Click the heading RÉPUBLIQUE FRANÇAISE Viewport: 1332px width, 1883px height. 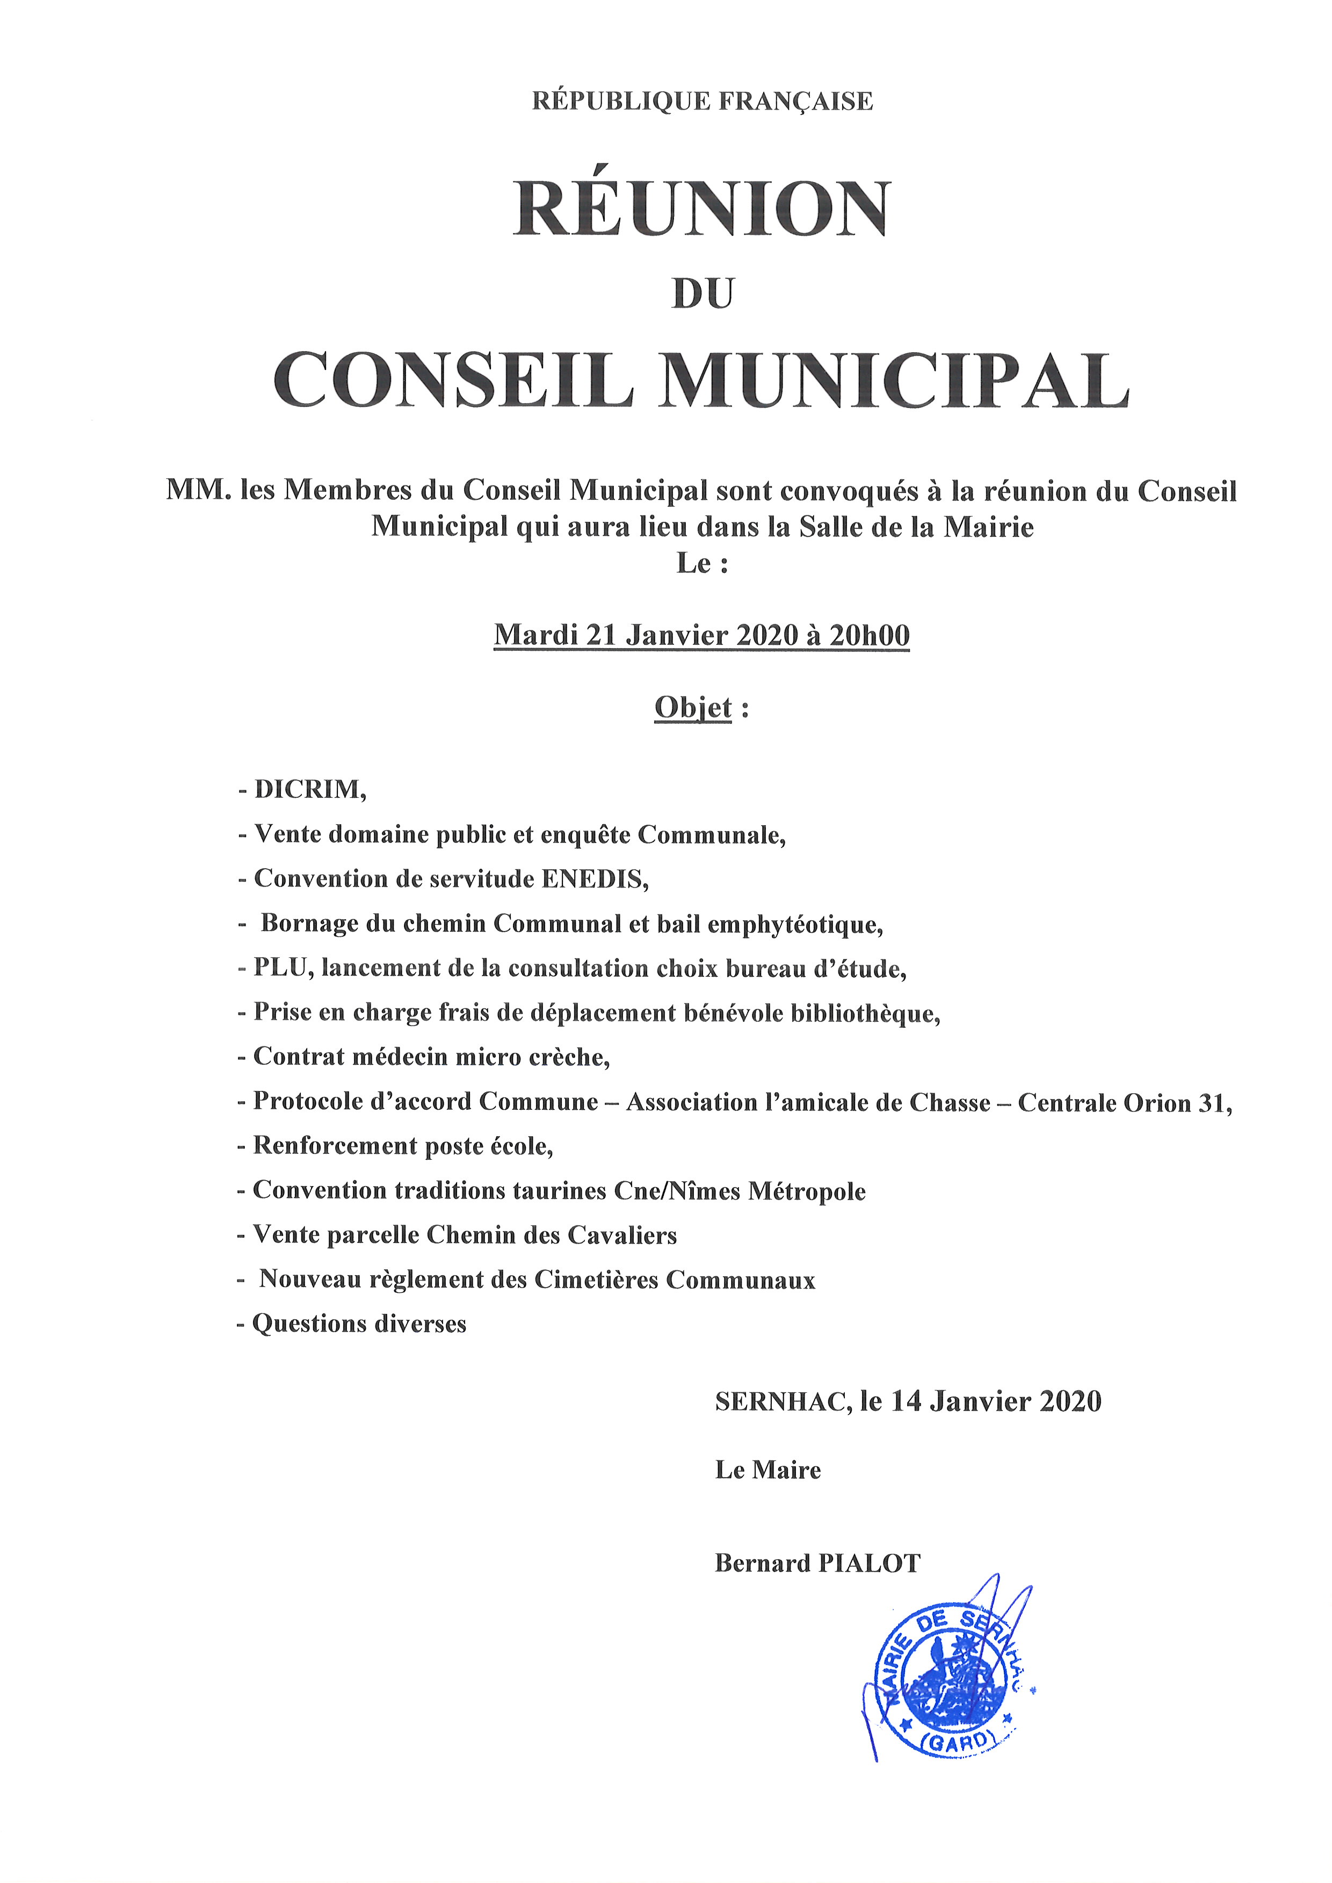(702, 101)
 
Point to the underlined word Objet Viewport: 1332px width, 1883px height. (692, 707)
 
